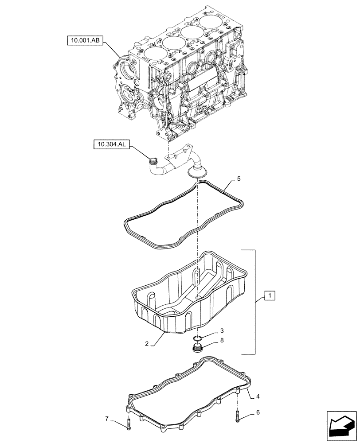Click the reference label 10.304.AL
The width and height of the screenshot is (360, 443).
pyautogui.click(x=111, y=144)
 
